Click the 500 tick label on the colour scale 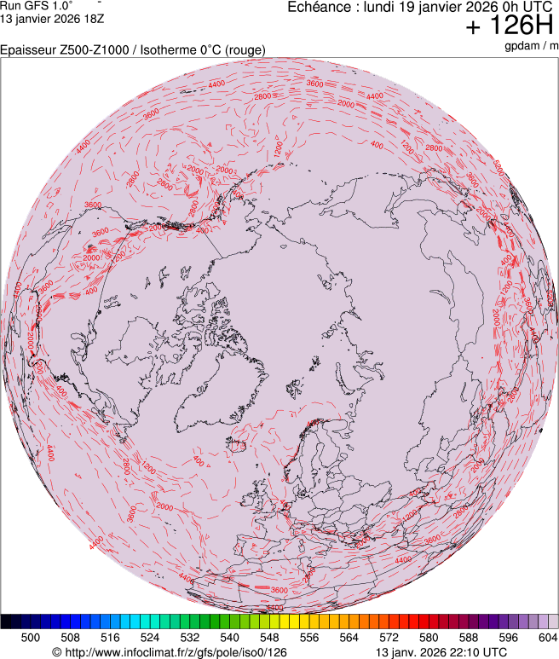pyautogui.click(x=31, y=637)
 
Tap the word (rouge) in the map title pyautogui.click(x=245, y=49)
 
